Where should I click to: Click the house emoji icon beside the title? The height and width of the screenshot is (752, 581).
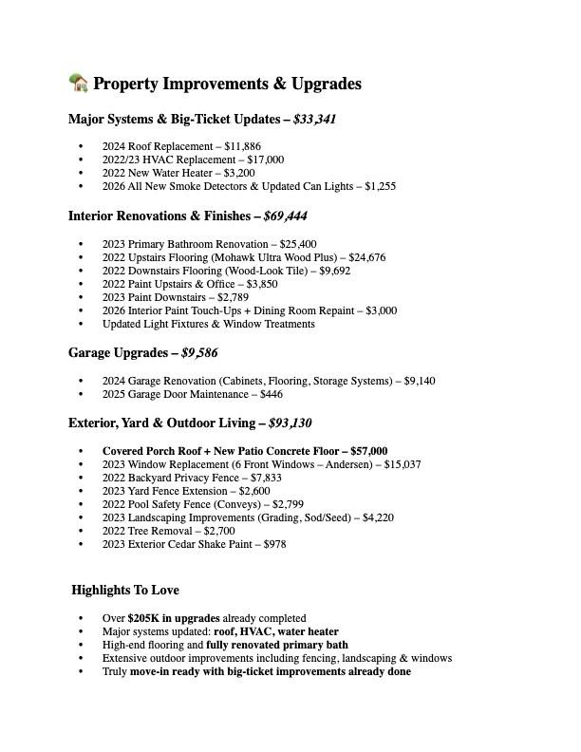(x=78, y=83)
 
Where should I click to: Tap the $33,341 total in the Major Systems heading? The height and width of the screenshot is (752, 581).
(x=314, y=120)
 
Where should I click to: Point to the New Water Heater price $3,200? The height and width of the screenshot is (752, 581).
(x=237, y=173)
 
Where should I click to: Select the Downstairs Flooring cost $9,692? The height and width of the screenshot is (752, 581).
(x=331, y=271)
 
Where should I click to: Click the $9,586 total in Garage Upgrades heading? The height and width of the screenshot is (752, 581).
(x=199, y=353)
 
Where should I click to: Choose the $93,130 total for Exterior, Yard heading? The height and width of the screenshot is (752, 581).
(x=290, y=423)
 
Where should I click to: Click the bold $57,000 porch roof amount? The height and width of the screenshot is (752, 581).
(x=368, y=451)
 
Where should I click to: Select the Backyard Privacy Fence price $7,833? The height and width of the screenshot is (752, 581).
(x=263, y=478)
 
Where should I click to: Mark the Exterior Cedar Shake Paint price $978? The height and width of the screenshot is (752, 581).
(x=272, y=544)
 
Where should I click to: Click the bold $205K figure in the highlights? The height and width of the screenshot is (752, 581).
(x=143, y=618)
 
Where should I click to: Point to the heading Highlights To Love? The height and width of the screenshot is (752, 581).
(x=125, y=591)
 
